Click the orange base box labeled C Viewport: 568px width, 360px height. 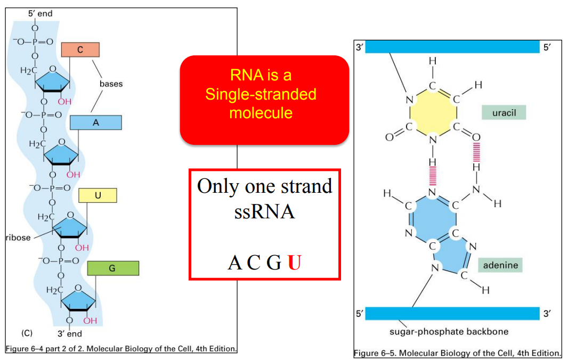(80, 50)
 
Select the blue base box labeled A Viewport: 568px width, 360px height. (96, 122)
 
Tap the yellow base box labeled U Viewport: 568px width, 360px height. (98, 195)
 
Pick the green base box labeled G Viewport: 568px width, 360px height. (112, 268)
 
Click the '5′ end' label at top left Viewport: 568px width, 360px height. (40, 13)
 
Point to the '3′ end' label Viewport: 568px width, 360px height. (70, 334)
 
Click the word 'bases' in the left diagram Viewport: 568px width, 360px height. (111, 84)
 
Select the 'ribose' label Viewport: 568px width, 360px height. (18, 238)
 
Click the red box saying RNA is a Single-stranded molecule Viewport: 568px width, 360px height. (264, 100)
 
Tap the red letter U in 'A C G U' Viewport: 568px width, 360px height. (295, 263)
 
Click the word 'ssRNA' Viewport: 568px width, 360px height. (264, 212)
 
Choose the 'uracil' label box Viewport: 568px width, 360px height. (504, 112)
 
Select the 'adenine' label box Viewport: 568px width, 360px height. (500, 265)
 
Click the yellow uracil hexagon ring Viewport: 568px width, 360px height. (433, 112)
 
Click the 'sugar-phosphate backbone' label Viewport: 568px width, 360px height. (449, 331)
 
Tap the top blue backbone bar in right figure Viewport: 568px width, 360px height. (452, 47)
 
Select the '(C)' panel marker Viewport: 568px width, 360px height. (27, 333)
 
